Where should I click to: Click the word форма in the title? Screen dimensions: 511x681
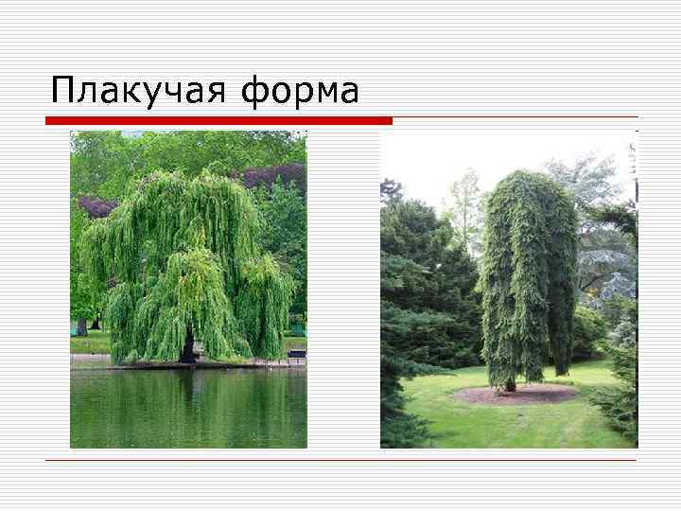coord(300,91)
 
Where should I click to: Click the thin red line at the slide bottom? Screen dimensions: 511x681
coord(340,460)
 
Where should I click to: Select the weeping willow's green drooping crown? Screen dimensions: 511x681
coord(185,255)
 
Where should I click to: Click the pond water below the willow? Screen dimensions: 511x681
coord(189,407)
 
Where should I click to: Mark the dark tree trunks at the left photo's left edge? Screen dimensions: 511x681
coord(82,326)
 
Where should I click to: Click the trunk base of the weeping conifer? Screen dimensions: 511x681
coord(510,383)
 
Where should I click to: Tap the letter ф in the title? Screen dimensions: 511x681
coord(255,93)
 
